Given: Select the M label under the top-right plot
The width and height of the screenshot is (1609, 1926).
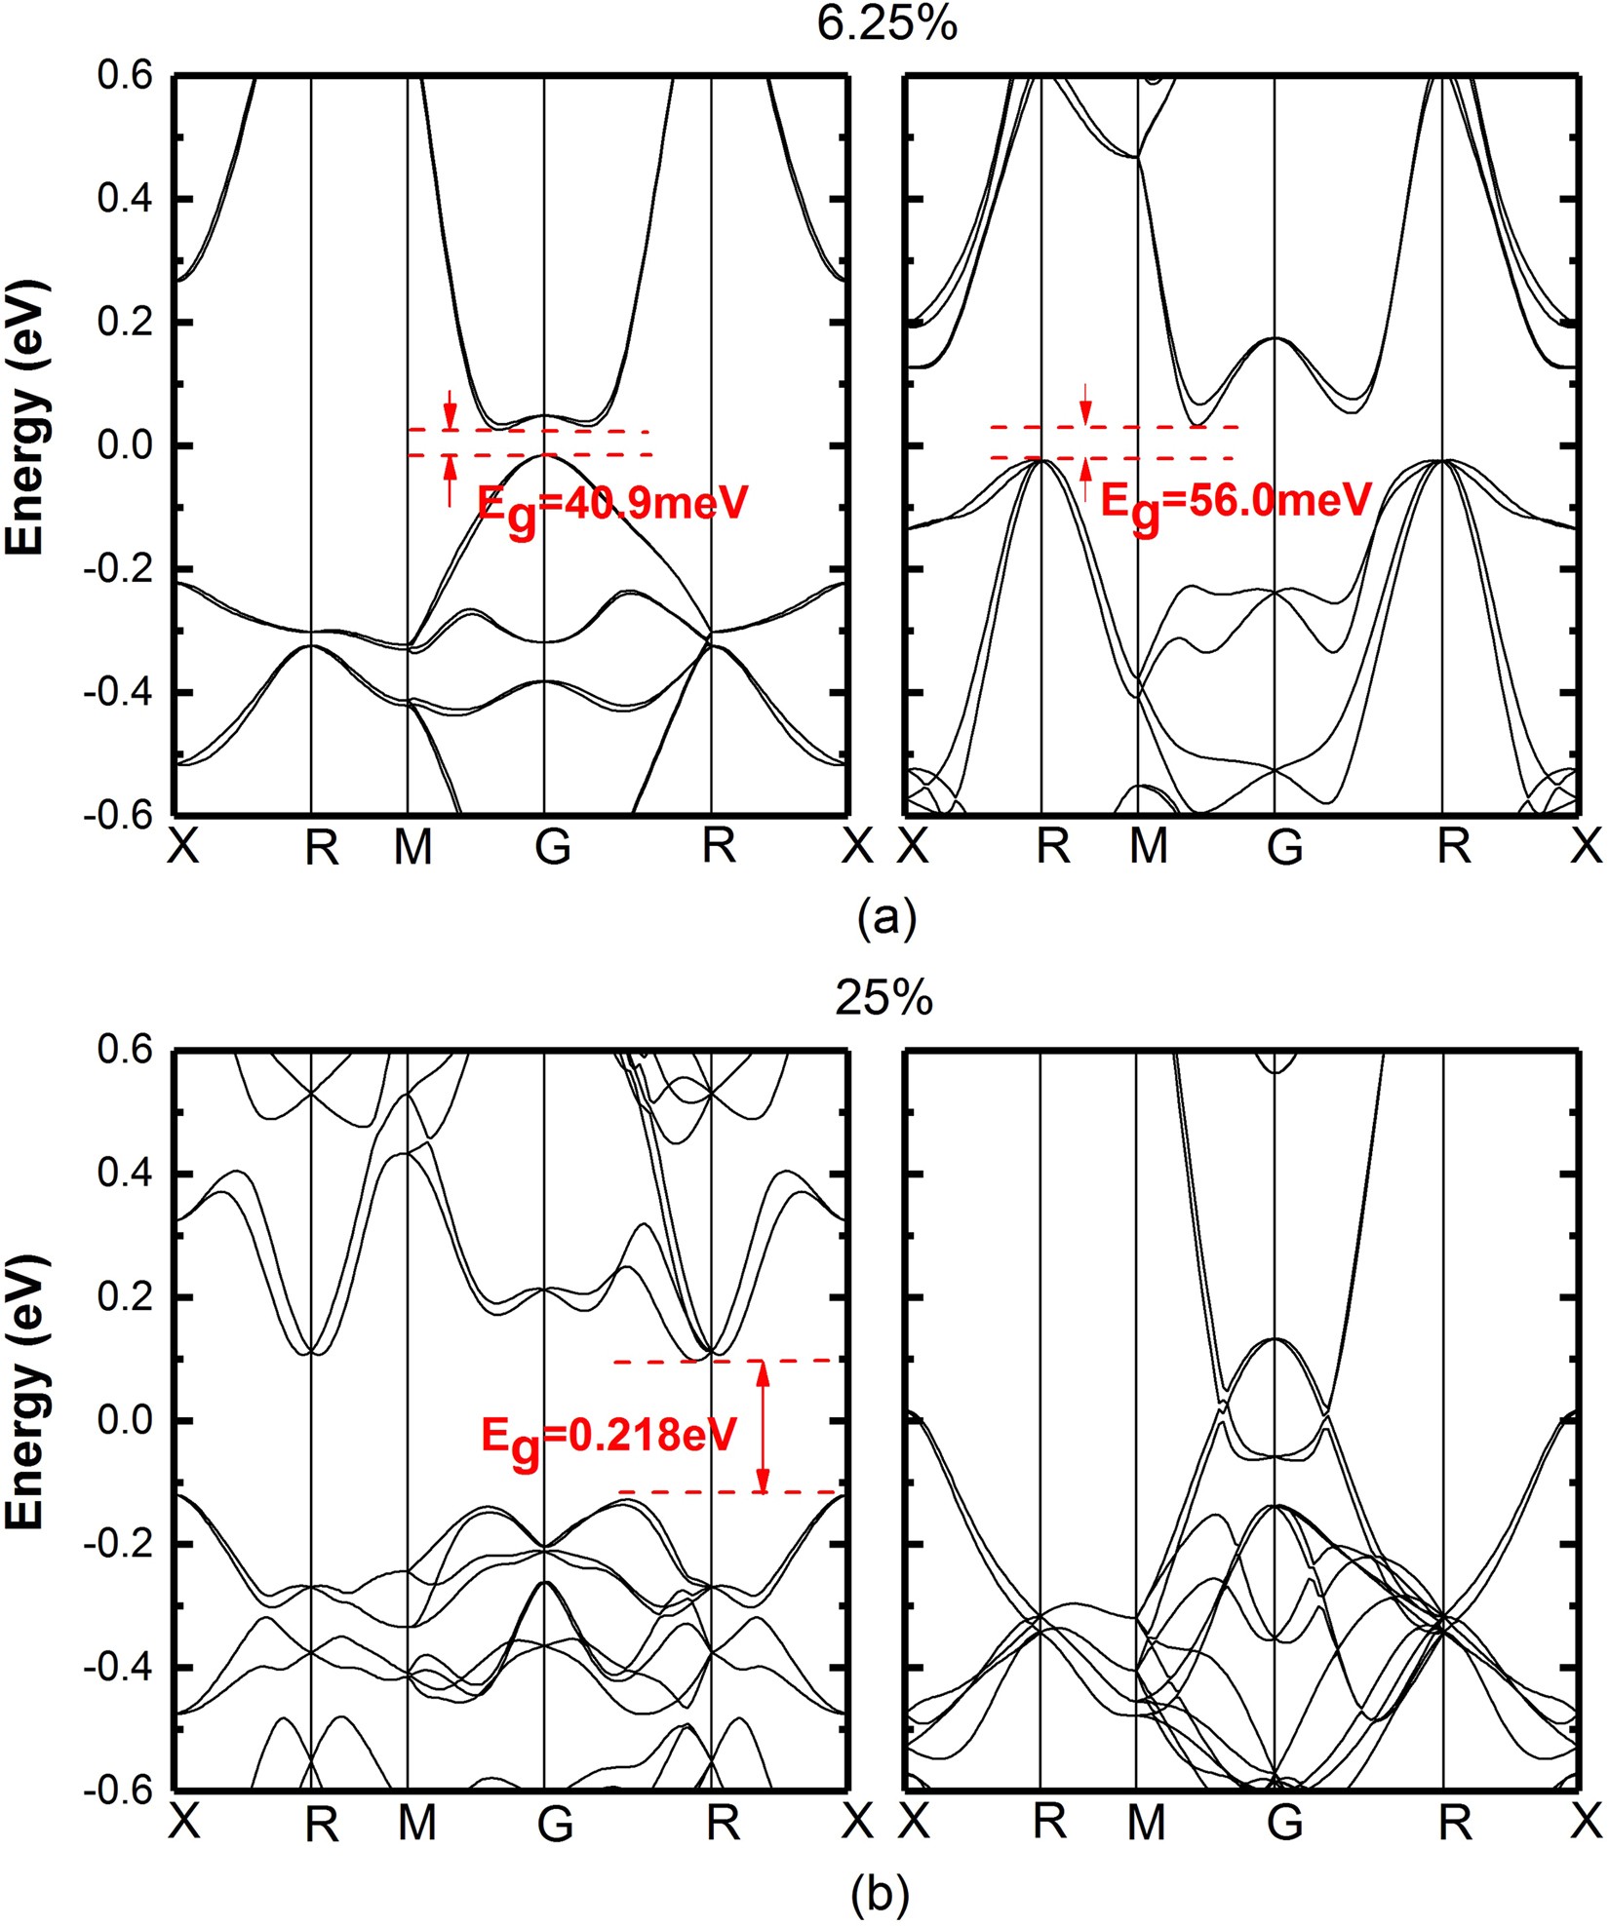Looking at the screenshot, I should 1148,848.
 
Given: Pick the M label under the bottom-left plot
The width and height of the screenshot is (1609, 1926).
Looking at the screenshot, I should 416,1823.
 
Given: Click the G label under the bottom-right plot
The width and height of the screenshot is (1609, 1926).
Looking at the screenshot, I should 1284,1823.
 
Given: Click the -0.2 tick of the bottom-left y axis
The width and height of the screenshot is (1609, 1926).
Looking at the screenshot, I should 122,1545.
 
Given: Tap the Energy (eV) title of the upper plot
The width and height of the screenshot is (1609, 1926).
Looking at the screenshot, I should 26,417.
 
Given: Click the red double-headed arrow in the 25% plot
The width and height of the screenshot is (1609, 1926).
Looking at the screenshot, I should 763,1426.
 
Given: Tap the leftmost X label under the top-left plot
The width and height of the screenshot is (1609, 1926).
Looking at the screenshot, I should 183,848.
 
